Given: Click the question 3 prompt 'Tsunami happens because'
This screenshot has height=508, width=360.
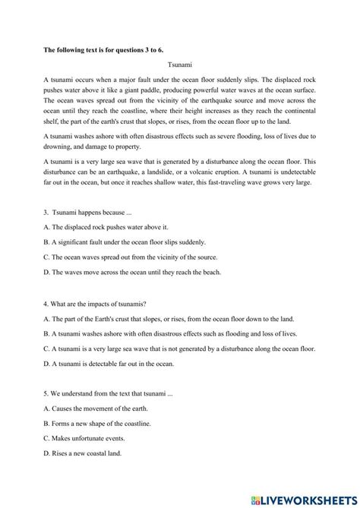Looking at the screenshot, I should click(88, 210).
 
